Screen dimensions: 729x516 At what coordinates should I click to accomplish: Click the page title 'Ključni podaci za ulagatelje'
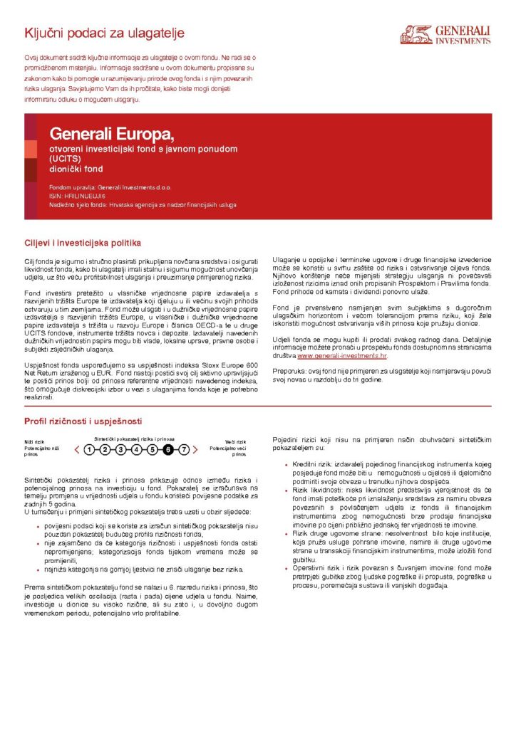(x=105, y=33)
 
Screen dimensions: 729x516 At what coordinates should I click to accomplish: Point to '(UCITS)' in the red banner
(x=66, y=159)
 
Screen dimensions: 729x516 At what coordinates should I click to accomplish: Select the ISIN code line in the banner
(x=78, y=194)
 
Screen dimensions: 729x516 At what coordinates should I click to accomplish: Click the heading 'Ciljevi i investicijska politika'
(x=83, y=243)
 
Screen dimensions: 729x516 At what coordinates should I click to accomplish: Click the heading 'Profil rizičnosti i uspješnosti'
(x=83, y=421)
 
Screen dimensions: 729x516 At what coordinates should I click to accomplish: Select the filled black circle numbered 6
(x=168, y=449)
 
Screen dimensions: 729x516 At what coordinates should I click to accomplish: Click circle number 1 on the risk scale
(x=88, y=449)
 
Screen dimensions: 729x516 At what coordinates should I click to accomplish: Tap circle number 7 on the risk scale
(x=185, y=449)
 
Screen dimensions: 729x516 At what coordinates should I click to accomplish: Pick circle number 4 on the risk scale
(x=136, y=449)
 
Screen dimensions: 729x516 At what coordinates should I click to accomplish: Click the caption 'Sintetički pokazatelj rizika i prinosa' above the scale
(x=135, y=439)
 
